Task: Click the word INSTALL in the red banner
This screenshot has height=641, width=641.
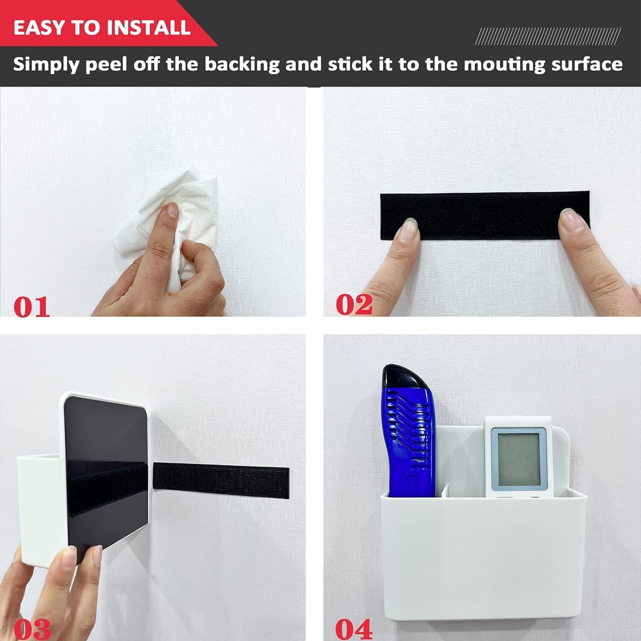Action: (x=148, y=27)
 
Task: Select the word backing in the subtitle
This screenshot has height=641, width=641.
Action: (x=242, y=64)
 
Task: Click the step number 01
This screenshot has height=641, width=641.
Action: (x=32, y=307)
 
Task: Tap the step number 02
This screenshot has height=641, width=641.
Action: (x=354, y=304)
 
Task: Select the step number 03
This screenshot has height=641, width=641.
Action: (x=32, y=629)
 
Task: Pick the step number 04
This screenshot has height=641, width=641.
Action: (x=354, y=629)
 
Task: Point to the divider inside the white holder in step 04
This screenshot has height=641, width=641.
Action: (x=445, y=491)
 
